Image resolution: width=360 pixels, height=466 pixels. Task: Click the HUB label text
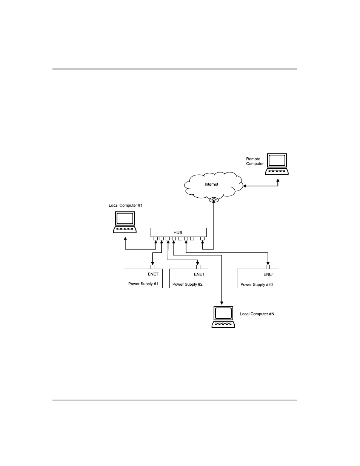[178, 232]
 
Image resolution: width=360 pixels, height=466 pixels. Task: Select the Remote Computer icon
[277, 164]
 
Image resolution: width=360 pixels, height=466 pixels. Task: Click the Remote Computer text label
[255, 161]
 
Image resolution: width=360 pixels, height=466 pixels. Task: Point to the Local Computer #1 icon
[125, 223]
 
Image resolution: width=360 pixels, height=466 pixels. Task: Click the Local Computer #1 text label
[125, 205]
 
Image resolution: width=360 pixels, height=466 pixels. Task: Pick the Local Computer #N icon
[223, 317]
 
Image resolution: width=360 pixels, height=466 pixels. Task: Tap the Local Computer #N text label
[257, 314]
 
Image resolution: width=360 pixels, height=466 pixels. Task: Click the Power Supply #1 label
[143, 284]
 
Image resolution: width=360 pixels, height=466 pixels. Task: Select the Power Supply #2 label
[188, 284]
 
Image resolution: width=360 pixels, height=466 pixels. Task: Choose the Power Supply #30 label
[257, 284]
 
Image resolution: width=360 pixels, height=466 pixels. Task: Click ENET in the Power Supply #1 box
[153, 274]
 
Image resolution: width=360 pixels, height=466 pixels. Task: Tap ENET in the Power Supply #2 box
[199, 274]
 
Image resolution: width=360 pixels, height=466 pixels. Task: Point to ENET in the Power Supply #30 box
[269, 274]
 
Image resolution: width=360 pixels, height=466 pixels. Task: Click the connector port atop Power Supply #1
[152, 266]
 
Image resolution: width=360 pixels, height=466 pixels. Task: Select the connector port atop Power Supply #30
[268, 266]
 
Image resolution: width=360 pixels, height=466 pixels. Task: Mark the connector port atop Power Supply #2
[198, 266]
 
